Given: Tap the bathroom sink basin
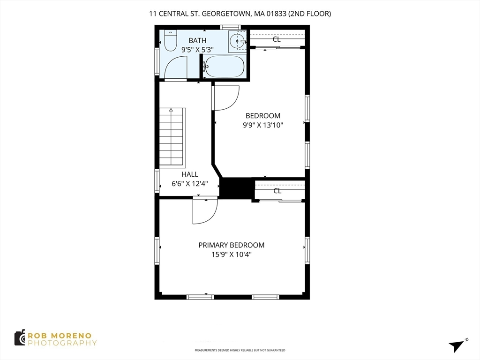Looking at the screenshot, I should [238, 41].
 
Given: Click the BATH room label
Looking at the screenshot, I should [197, 40].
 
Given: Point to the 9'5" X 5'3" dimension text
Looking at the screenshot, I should [197, 49].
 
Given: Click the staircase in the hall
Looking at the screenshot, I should [172, 136].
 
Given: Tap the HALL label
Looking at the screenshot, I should [189, 174].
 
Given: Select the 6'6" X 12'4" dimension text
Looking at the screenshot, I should [189, 183].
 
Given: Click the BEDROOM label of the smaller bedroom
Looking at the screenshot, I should [263, 116].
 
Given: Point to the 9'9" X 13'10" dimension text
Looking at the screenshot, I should [263, 125].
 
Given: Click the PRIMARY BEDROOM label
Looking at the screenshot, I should [231, 245].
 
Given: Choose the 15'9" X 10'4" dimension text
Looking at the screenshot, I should [231, 255].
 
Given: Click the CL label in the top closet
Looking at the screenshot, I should [277, 39].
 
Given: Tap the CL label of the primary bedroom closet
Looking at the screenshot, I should [277, 191].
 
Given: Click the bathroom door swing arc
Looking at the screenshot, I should [175, 68].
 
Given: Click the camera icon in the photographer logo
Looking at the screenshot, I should [20, 338].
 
